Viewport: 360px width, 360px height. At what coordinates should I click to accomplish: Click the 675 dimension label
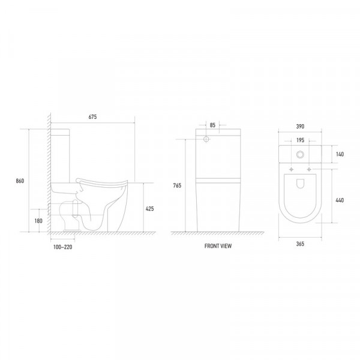tap(92, 117)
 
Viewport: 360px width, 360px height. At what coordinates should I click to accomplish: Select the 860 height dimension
tap(20, 181)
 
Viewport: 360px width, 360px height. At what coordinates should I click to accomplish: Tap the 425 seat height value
tap(149, 209)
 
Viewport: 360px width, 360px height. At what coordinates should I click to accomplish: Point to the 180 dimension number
tap(38, 221)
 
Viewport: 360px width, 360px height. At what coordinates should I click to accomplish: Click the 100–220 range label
tap(62, 247)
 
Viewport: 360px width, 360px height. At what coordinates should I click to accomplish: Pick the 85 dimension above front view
tap(212, 125)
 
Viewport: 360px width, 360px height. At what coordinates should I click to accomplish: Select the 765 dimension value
tap(177, 185)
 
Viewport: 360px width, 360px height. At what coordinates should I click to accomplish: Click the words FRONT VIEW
tap(218, 246)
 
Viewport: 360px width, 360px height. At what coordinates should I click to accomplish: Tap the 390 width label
tap(300, 127)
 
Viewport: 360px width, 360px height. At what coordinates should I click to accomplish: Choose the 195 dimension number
tap(301, 140)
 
